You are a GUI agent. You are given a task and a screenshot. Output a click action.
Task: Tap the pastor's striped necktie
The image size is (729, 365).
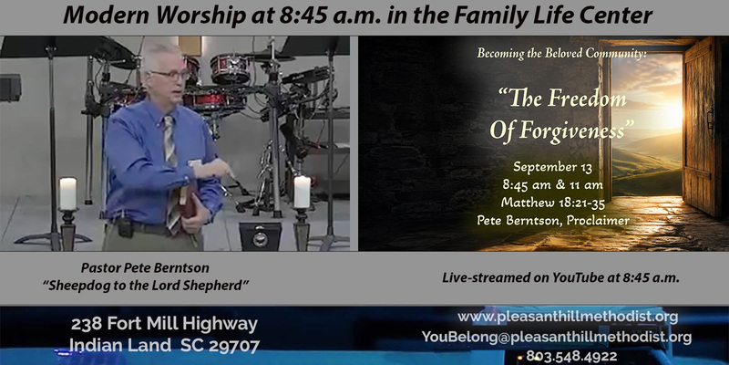[x=171, y=172]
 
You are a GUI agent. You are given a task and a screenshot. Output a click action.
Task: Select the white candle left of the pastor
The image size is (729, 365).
[x=67, y=193]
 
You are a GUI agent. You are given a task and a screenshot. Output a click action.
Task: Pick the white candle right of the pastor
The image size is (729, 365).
[x=303, y=192]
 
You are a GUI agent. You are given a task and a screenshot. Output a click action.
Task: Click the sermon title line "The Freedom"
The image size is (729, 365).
[x=562, y=99]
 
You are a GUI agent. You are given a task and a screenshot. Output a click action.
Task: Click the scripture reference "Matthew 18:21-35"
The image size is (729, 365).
[x=552, y=203]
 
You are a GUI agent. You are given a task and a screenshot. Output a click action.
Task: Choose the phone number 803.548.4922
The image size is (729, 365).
[x=572, y=357]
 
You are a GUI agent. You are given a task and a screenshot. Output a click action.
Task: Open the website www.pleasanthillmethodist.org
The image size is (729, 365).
[x=568, y=318]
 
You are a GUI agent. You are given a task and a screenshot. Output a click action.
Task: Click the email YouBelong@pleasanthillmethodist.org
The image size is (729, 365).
[x=557, y=337]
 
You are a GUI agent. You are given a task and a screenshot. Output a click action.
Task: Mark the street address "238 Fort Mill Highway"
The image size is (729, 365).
[x=164, y=324]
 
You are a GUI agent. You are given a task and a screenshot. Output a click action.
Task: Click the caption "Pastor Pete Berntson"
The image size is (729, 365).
[x=145, y=267]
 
